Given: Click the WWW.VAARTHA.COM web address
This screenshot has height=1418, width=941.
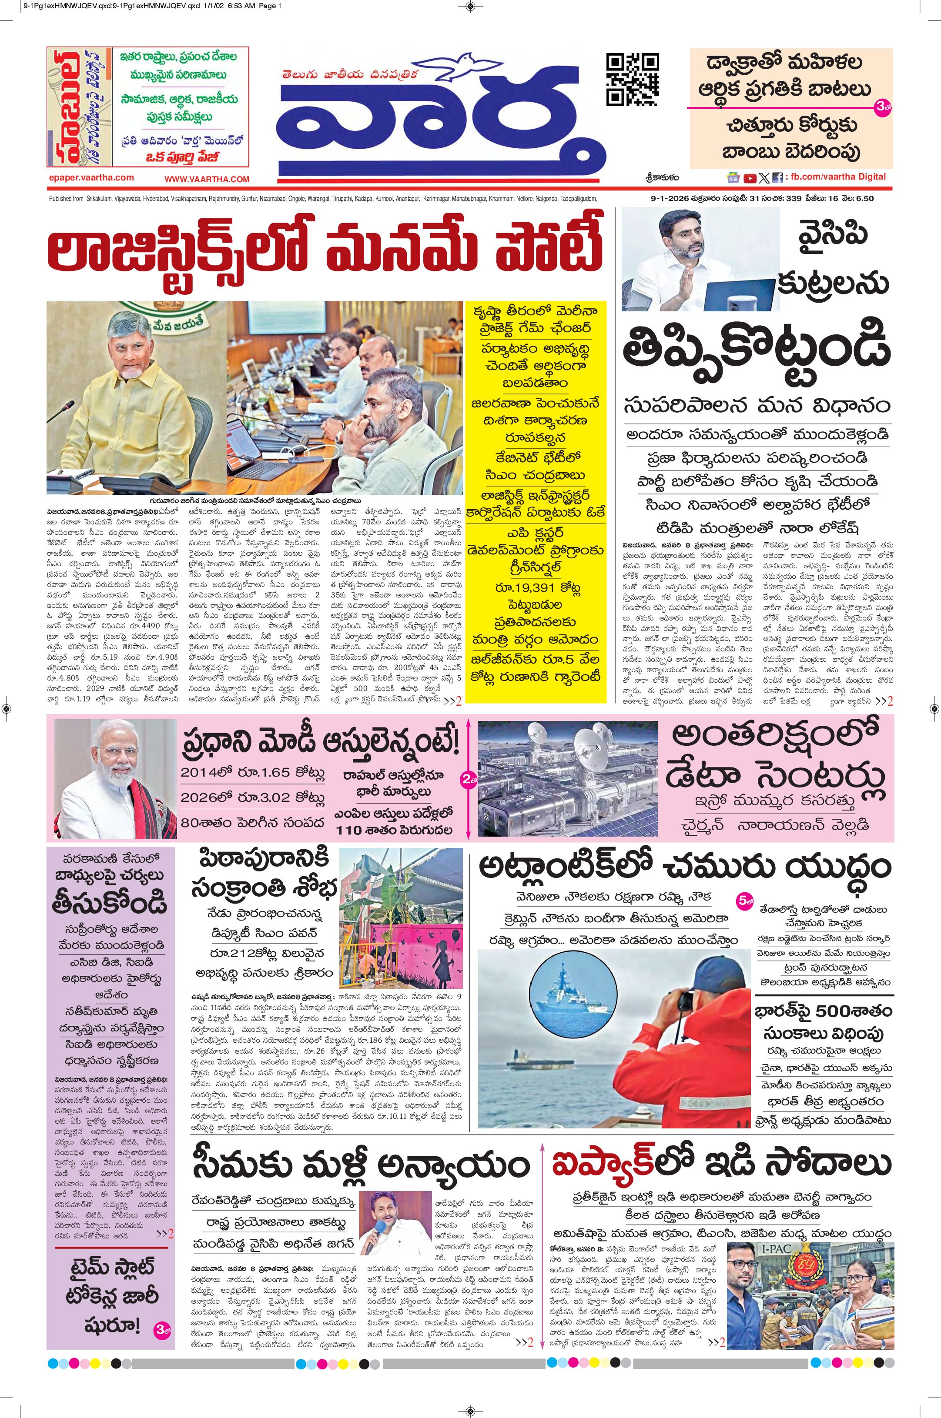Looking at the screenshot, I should coord(207,179).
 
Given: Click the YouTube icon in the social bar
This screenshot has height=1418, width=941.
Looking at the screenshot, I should coord(750,177).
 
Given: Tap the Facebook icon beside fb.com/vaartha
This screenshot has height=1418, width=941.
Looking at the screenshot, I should coord(778,177).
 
